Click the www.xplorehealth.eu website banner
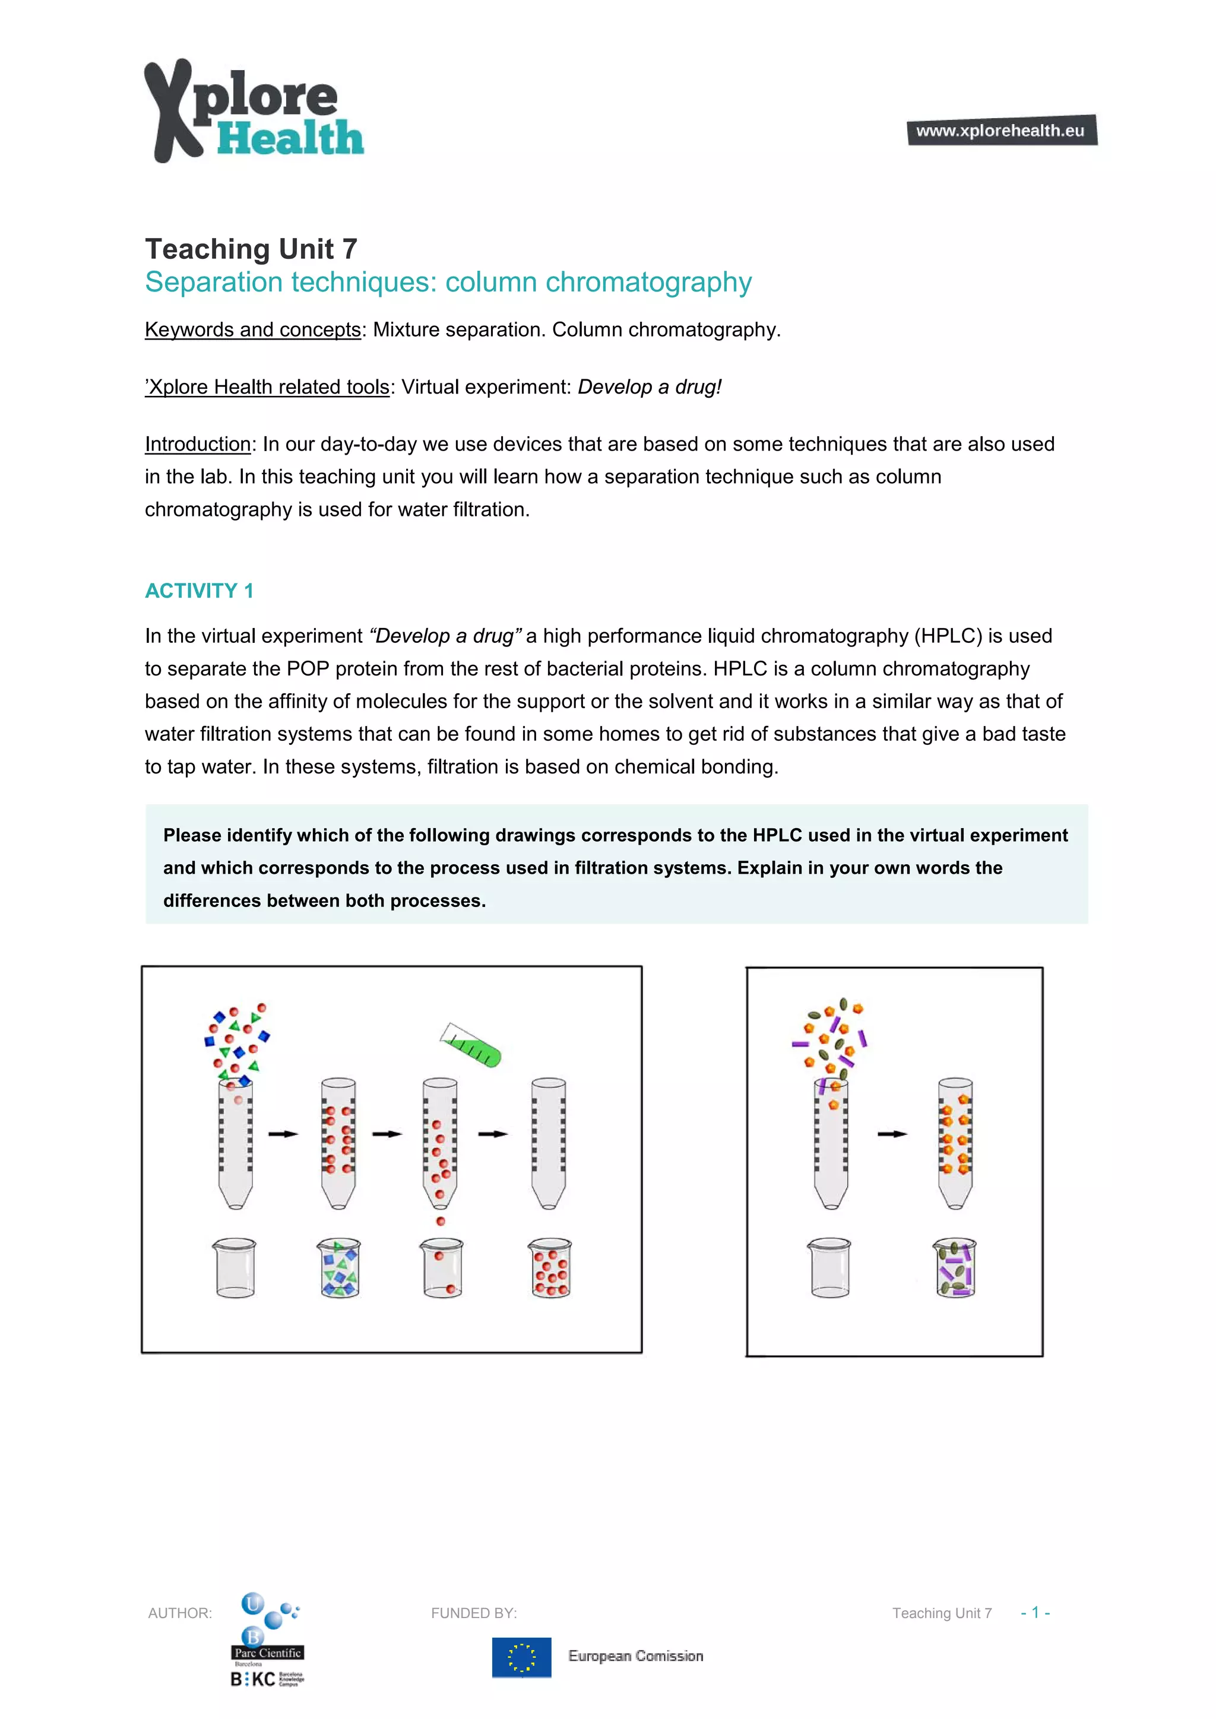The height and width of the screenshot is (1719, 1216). (1001, 130)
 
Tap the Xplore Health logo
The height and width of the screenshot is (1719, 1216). (253, 111)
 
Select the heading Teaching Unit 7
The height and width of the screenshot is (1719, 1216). (251, 249)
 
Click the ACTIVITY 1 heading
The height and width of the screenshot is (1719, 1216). (199, 591)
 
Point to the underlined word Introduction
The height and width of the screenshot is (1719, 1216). (198, 444)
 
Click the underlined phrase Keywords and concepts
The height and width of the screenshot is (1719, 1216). (252, 329)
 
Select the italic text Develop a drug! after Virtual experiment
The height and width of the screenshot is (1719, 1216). (649, 387)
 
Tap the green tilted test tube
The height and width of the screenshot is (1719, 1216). (471, 1045)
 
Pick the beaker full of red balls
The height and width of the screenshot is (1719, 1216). (550, 1268)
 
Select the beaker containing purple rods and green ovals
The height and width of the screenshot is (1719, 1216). (955, 1268)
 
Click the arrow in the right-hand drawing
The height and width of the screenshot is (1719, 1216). (892, 1134)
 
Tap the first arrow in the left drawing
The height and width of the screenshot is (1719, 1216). (283, 1134)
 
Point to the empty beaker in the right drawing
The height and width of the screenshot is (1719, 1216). (829, 1268)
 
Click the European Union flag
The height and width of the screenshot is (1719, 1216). (521, 1657)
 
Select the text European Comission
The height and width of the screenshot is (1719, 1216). (635, 1656)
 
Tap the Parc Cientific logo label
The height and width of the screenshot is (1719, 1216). (267, 1653)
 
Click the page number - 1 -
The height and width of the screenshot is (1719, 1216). (1035, 1613)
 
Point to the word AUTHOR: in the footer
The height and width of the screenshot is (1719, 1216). (180, 1613)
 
